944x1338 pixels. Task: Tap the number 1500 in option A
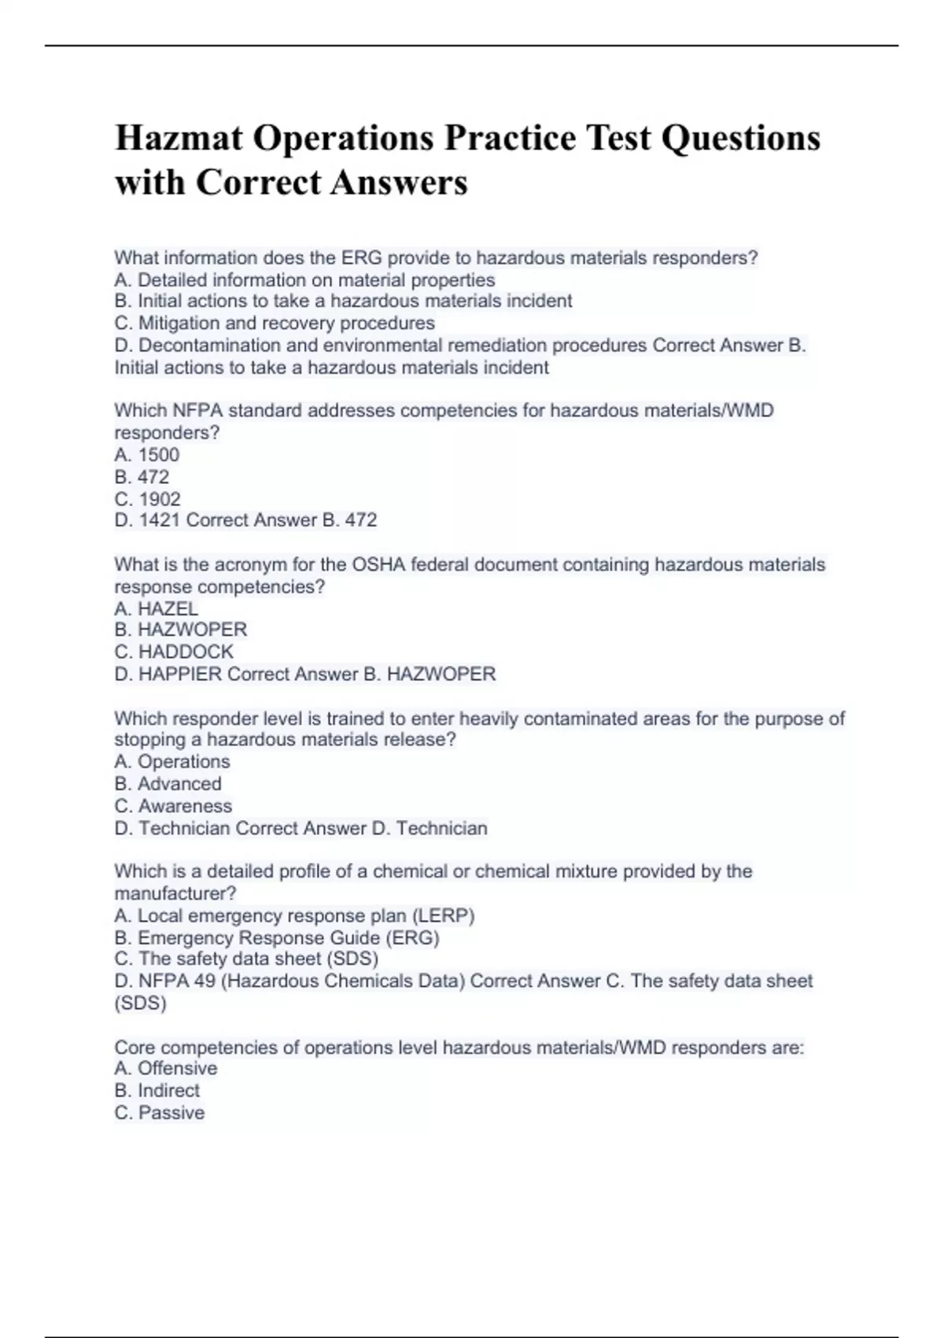coord(159,455)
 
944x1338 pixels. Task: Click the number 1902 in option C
coord(160,499)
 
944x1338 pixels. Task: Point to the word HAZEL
coord(168,608)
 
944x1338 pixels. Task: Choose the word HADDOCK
coord(186,652)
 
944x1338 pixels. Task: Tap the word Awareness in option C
coord(185,806)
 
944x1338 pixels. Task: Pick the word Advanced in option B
coord(179,784)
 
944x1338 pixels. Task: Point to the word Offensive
coord(177,1068)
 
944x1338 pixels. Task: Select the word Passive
coord(171,1112)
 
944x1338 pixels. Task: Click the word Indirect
coord(168,1090)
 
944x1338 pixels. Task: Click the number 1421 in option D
coord(160,520)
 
